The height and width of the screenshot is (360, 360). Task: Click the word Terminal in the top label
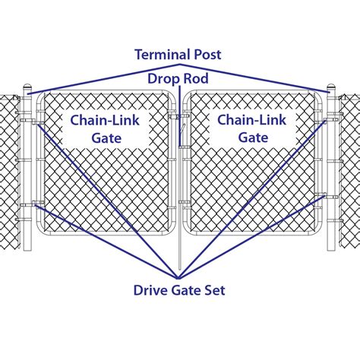163,55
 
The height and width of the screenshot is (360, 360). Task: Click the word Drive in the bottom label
151,289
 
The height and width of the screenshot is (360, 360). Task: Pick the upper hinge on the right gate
327,120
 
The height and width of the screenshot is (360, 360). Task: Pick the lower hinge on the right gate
327,197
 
